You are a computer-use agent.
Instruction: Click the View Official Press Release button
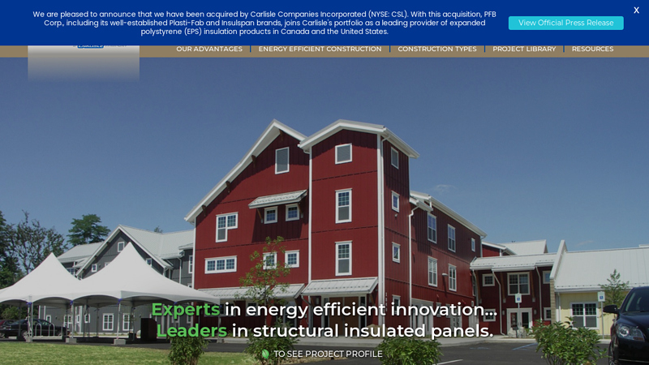[565, 23]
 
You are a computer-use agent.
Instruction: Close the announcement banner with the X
[636, 11]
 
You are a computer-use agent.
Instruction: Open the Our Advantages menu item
[209, 49]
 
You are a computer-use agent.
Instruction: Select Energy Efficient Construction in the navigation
[320, 49]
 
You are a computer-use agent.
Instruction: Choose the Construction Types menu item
[436, 49]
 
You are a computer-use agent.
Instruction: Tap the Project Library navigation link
[524, 49]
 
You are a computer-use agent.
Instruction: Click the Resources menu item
[592, 49]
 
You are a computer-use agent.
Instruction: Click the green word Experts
[186, 309]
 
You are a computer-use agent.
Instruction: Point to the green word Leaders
[191, 331]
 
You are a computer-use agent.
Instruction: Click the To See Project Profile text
[328, 354]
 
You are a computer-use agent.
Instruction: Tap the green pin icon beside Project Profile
[265, 354]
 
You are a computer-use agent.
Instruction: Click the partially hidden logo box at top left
[84, 62]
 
